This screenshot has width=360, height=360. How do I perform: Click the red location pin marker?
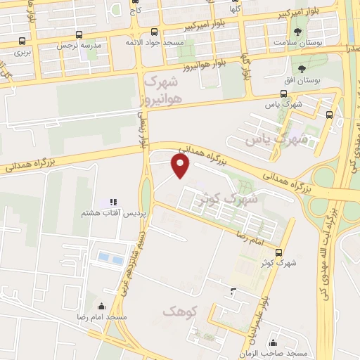[x=181, y=166]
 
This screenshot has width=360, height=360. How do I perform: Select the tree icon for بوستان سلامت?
[x=299, y=33]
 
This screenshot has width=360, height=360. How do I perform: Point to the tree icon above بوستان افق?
[x=302, y=70]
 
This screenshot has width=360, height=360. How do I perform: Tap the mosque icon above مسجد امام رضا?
[x=101, y=307]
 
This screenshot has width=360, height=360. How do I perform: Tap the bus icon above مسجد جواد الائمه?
[x=155, y=32]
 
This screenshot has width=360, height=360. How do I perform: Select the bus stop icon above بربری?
[x=22, y=41]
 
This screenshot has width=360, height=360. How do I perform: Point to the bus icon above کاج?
[x=135, y=2]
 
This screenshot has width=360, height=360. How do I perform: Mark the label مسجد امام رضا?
[x=103, y=319]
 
